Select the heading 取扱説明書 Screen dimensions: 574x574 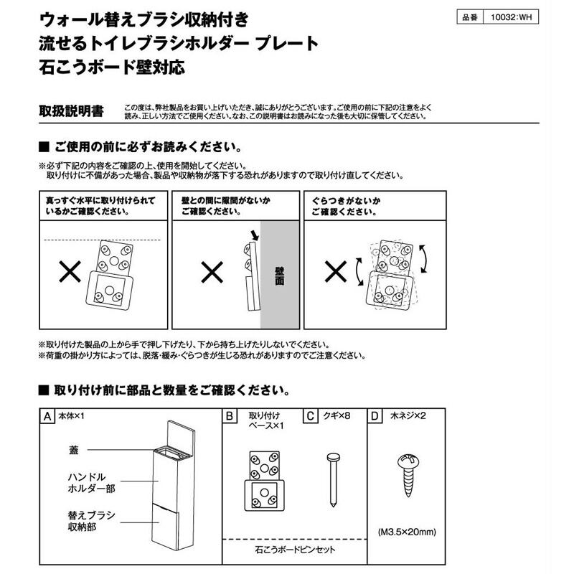pyautogui.click(x=70, y=112)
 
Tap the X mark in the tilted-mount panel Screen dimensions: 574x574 pyautogui.click(x=69, y=270)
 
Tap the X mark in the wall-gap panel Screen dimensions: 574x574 pyautogui.click(x=211, y=270)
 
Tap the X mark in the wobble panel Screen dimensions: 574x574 pyautogui.click(x=337, y=270)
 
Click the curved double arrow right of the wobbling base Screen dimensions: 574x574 pyautogui.click(x=423, y=258)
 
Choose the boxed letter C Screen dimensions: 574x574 pyautogui.click(x=311, y=416)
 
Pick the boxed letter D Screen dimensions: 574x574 pyautogui.click(x=374, y=416)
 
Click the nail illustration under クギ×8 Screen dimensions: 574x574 pyautogui.click(x=331, y=477)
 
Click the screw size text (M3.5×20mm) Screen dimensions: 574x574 pyautogui.click(x=406, y=532)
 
